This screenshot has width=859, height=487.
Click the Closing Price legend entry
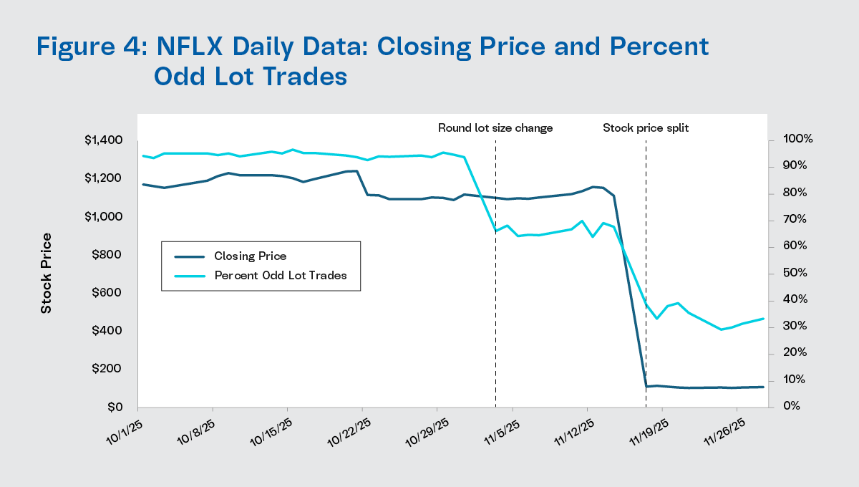(251, 256)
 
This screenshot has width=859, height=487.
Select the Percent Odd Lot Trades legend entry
(280, 275)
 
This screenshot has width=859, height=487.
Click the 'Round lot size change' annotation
(495, 128)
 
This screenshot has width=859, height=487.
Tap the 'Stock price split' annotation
(646, 128)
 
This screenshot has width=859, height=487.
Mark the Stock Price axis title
(47, 273)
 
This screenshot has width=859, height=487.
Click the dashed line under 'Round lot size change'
(495, 286)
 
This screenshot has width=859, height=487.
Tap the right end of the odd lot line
(764, 319)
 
